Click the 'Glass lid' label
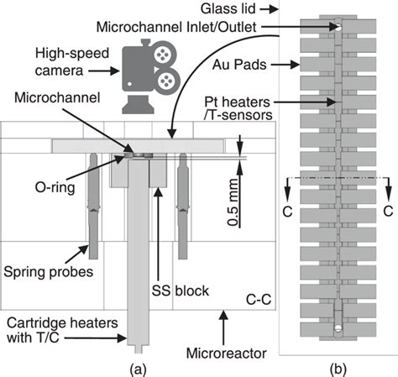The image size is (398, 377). pyautogui.click(x=228, y=8)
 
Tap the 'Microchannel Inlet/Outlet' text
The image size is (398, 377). pyautogui.click(x=176, y=27)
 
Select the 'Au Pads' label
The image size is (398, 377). pyautogui.click(x=239, y=65)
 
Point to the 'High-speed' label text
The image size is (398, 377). pyautogui.click(x=72, y=53)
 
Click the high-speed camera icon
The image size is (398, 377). pyautogui.click(x=150, y=76)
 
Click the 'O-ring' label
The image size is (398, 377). pyautogui.click(x=55, y=187)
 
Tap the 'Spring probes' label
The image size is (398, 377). pyautogui.click(x=48, y=272)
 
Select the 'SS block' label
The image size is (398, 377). pyautogui.click(x=181, y=291)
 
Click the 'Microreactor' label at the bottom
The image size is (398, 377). pyautogui.click(x=226, y=353)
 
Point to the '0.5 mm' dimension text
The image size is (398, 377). pyautogui.click(x=233, y=202)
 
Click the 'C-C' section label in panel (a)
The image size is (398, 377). pyautogui.click(x=259, y=300)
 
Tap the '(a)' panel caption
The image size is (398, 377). pyautogui.click(x=138, y=369)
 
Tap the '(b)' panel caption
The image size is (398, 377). pyautogui.click(x=338, y=369)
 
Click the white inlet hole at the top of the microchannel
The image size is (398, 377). pyautogui.click(x=338, y=27)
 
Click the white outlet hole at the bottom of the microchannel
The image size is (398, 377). pyautogui.click(x=338, y=328)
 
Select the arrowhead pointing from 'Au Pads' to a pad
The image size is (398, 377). pyautogui.click(x=296, y=65)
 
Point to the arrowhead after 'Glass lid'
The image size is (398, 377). pyautogui.click(x=274, y=9)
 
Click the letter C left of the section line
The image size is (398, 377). pyautogui.click(x=287, y=212)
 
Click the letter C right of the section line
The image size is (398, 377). pyautogui.click(x=388, y=212)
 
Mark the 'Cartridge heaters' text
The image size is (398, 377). pyautogui.click(x=62, y=323)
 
